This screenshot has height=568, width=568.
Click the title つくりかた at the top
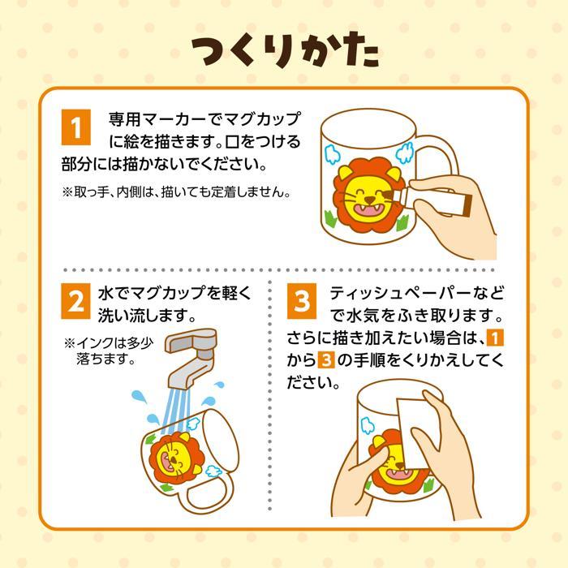[x=284, y=51]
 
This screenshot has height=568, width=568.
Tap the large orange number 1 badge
[x=76, y=127]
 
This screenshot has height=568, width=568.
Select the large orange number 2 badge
[x=76, y=302]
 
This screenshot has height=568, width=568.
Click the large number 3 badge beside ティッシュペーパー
[x=301, y=302]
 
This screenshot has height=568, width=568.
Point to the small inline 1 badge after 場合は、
[x=497, y=337]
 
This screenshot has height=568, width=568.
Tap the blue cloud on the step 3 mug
[x=367, y=425]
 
